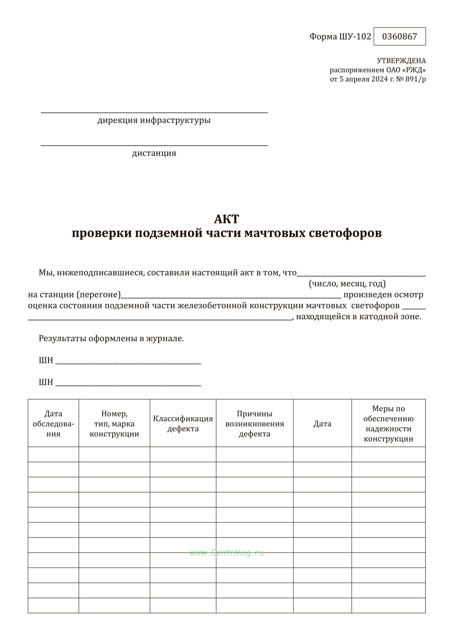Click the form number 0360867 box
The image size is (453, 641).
click(399, 37)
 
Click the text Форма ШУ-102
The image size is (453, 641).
click(340, 37)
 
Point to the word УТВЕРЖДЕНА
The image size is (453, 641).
click(401, 61)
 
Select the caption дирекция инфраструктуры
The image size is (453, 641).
click(154, 120)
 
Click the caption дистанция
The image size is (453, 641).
click(154, 153)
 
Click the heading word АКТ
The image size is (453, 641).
click(226, 219)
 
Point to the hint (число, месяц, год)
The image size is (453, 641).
click(347, 283)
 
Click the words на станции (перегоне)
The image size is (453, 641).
click(74, 295)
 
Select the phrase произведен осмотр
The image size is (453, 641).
click(383, 295)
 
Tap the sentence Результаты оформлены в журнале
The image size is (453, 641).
click(111, 338)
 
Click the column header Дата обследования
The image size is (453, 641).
click(53, 424)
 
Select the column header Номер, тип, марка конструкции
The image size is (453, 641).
click(114, 424)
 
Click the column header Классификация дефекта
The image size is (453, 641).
click(183, 424)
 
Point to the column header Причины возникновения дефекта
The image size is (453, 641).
click(255, 424)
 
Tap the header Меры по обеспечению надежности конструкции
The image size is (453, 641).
click(388, 424)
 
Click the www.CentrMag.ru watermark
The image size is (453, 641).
click(226, 553)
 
